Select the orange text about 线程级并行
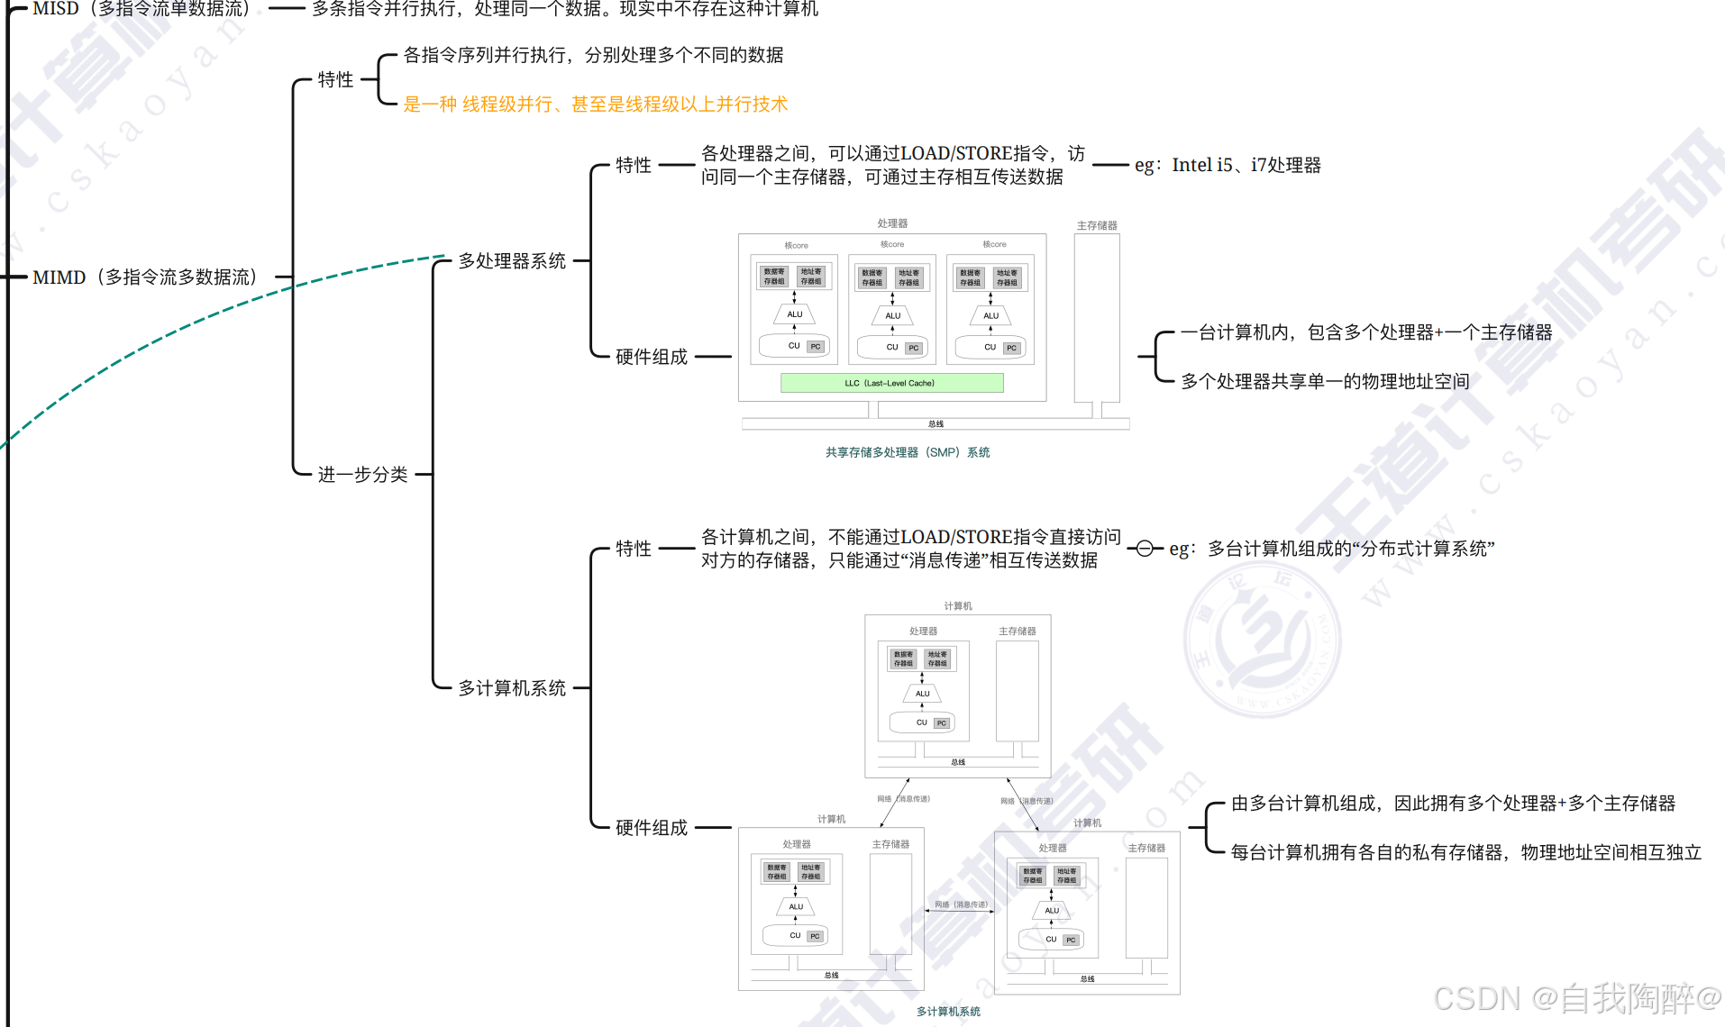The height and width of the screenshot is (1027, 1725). coord(595,105)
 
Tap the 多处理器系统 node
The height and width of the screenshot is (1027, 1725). coord(511,261)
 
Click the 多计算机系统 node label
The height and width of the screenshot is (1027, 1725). coord(511,688)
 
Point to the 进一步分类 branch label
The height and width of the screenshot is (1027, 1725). coord(362,475)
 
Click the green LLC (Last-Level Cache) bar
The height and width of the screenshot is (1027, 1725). coord(891,383)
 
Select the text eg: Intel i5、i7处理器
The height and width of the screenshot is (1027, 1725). coord(1228,166)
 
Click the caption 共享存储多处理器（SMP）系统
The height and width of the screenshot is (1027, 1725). coord(908,452)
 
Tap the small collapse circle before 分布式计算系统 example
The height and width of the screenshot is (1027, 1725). coord(1145,549)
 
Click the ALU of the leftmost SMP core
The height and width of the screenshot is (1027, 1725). coord(794,314)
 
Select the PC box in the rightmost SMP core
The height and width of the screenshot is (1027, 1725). coord(1011,348)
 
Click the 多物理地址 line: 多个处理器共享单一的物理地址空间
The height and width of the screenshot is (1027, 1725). coord(1325,382)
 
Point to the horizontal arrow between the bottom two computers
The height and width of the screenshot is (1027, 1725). coord(960,911)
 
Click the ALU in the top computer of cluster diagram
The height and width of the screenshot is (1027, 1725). coord(922,694)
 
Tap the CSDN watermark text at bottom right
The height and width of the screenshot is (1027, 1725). coord(1577,998)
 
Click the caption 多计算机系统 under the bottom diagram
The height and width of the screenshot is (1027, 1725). coord(948,1012)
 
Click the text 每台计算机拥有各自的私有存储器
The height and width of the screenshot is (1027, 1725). coord(1465,852)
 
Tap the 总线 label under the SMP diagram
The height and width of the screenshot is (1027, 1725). coord(936,423)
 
